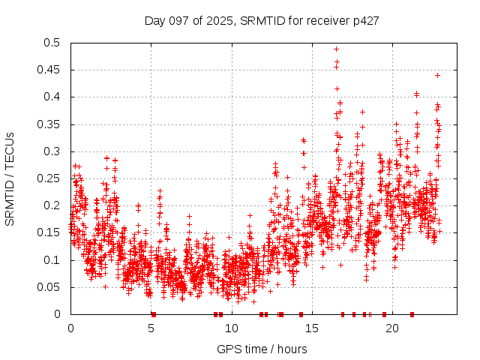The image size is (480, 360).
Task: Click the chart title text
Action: pyautogui.click(x=261, y=20)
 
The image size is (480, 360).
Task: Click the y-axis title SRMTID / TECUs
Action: pyautogui.click(x=10, y=179)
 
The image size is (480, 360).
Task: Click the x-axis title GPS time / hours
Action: pyautogui.click(x=261, y=349)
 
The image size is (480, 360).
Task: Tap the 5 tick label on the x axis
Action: pyautogui.click(x=151, y=328)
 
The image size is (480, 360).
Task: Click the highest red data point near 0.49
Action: pyautogui.click(x=336, y=49)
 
